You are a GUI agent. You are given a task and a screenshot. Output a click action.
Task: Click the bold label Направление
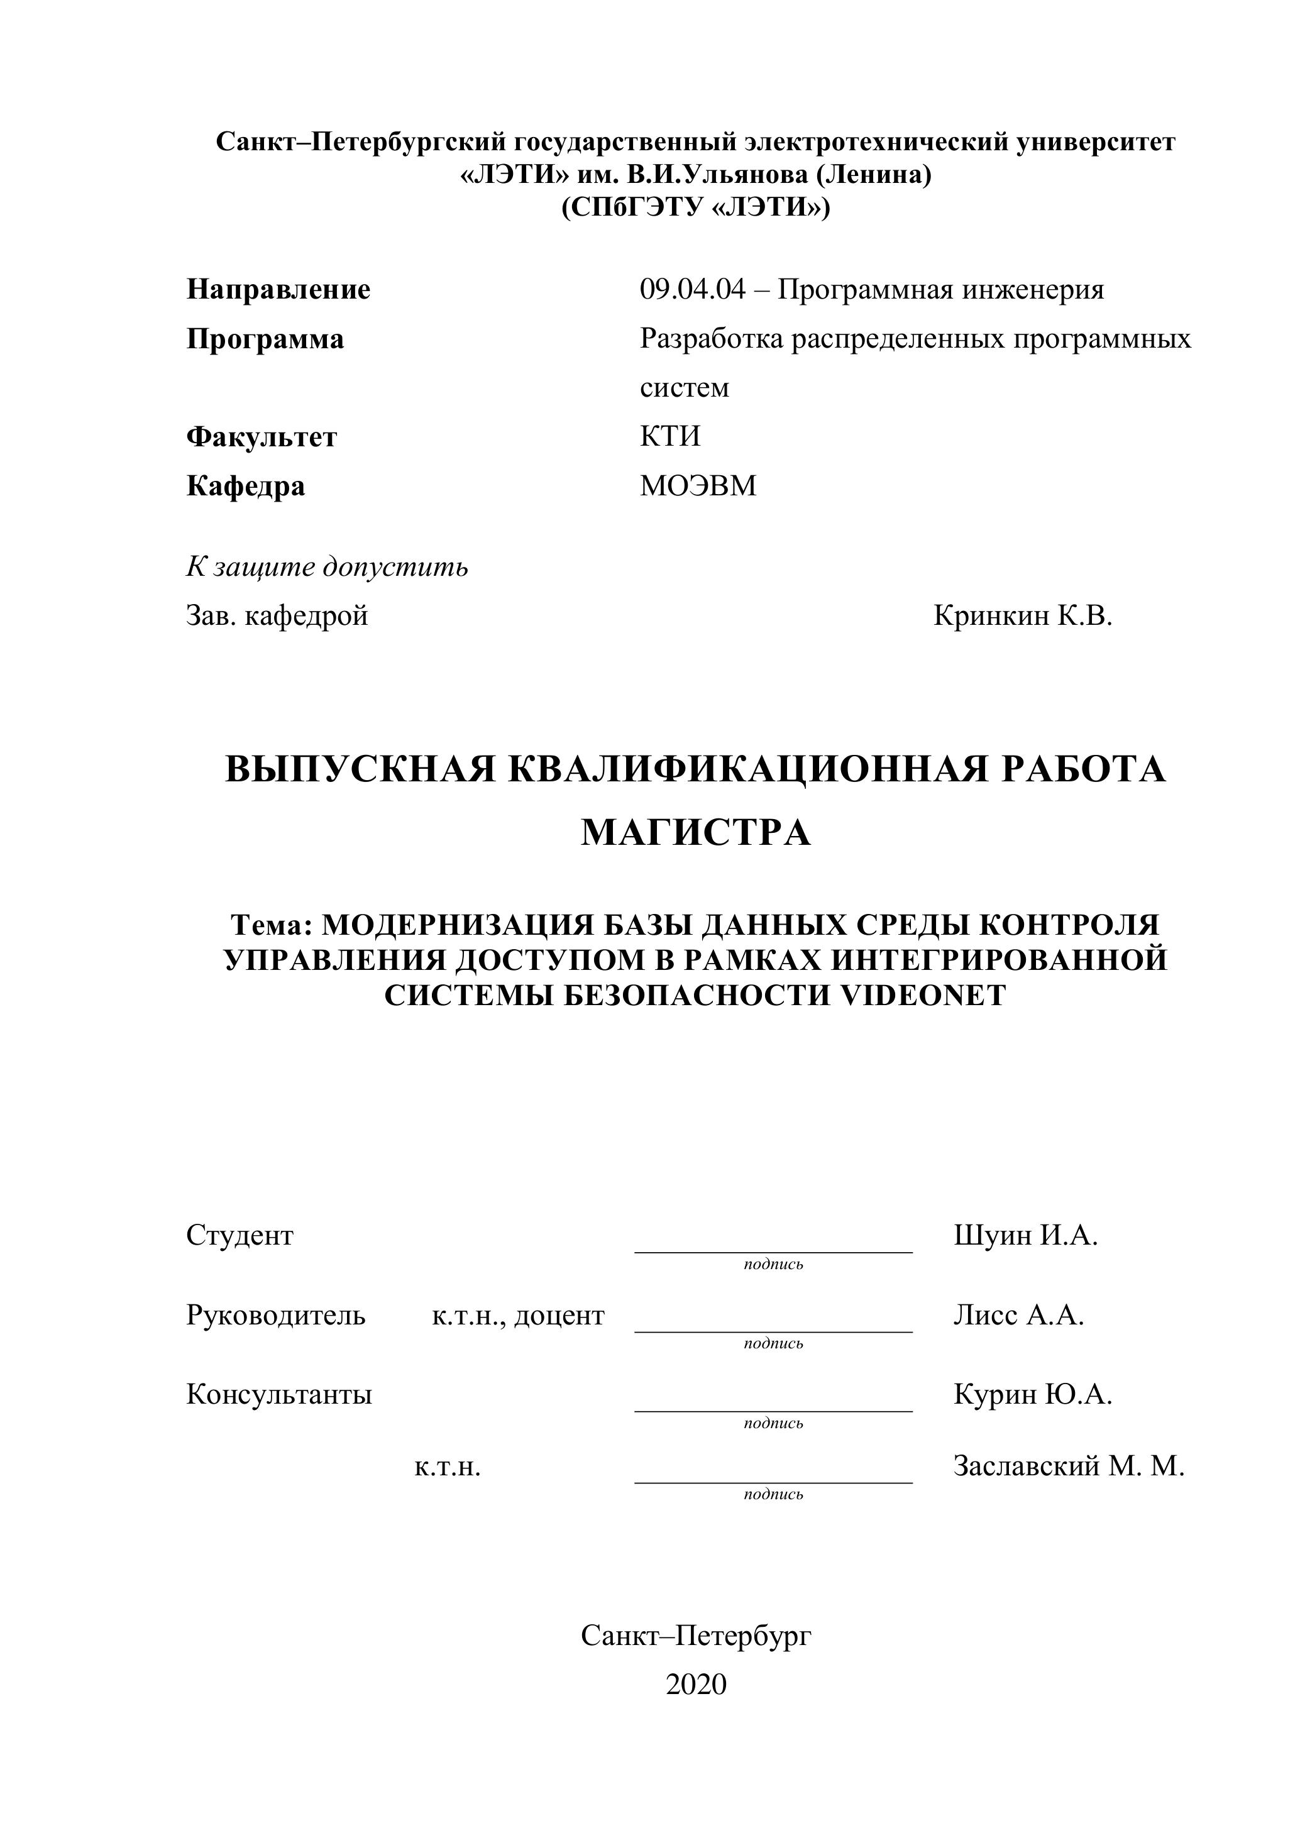coord(278,290)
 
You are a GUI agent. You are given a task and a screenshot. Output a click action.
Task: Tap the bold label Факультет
coord(261,437)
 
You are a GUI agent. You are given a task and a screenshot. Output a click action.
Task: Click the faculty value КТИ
coord(669,436)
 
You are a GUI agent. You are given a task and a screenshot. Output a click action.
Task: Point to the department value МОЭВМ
coord(697,486)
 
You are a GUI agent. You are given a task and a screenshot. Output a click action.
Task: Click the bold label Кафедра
coord(245,486)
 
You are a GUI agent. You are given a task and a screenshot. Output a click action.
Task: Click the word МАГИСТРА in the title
coord(696,832)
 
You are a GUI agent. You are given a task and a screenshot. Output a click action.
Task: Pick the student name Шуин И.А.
coord(1025,1236)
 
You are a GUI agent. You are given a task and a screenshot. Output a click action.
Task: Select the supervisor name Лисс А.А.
coord(1018,1315)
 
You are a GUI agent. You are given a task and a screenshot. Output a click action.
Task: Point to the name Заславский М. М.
coord(1068,1466)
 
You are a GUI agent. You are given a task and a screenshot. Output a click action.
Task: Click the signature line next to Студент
coord(773,1250)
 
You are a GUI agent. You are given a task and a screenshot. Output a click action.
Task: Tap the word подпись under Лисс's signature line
coord(773,1343)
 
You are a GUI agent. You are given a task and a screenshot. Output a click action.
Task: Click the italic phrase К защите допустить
coord(327,567)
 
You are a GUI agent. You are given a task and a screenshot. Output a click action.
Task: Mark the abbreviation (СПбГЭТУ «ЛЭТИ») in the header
coord(696,208)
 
